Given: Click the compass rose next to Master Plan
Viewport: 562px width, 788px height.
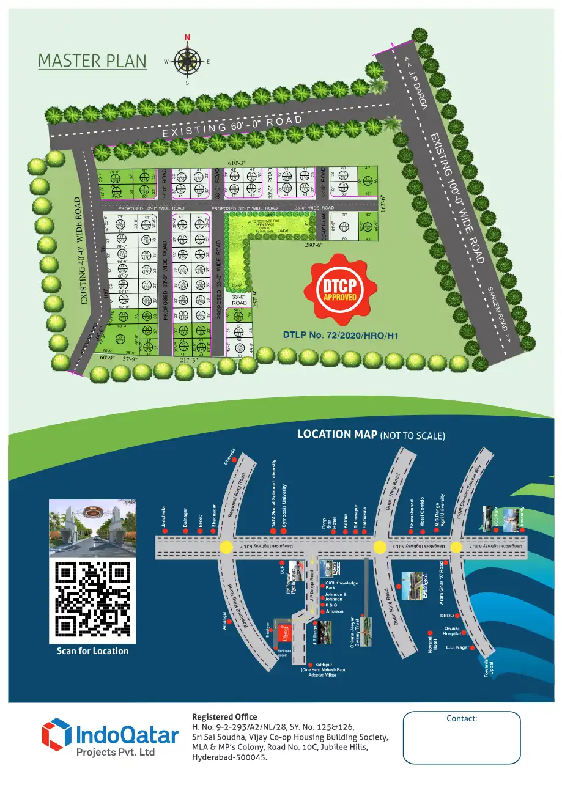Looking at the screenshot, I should point(187,61).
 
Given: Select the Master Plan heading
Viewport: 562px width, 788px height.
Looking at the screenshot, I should point(92,61).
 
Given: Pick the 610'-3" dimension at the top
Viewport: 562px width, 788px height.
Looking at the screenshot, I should point(237,162).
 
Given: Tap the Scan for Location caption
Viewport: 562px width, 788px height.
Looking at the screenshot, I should point(92,651).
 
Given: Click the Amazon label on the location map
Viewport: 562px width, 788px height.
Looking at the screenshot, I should point(335,611).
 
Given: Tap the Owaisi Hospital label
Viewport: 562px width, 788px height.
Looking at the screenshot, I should point(451,630).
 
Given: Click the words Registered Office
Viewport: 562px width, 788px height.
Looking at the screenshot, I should point(224,716).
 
